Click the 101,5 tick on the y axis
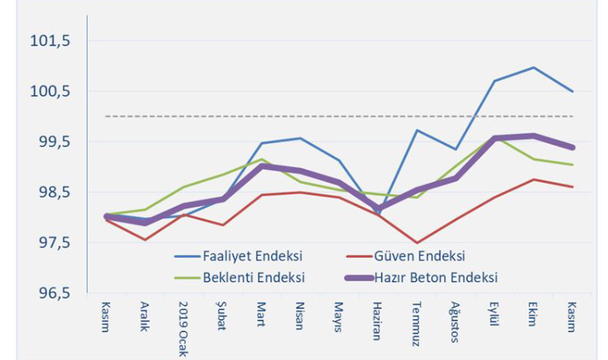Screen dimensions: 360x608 coord(52,41)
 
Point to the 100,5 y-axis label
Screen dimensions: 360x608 coord(52,91)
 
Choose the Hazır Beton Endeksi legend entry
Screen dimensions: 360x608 coord(434,277)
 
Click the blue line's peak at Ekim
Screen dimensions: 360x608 coord(533,67)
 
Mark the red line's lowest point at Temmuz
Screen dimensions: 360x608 coord(417,244)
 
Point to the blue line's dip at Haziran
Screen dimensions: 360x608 coord(378,214)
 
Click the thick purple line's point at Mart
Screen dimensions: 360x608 coord(261,166)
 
